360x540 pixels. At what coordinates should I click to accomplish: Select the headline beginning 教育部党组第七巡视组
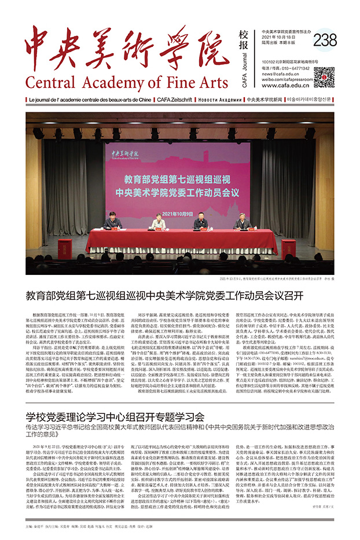(x=164, y=296)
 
